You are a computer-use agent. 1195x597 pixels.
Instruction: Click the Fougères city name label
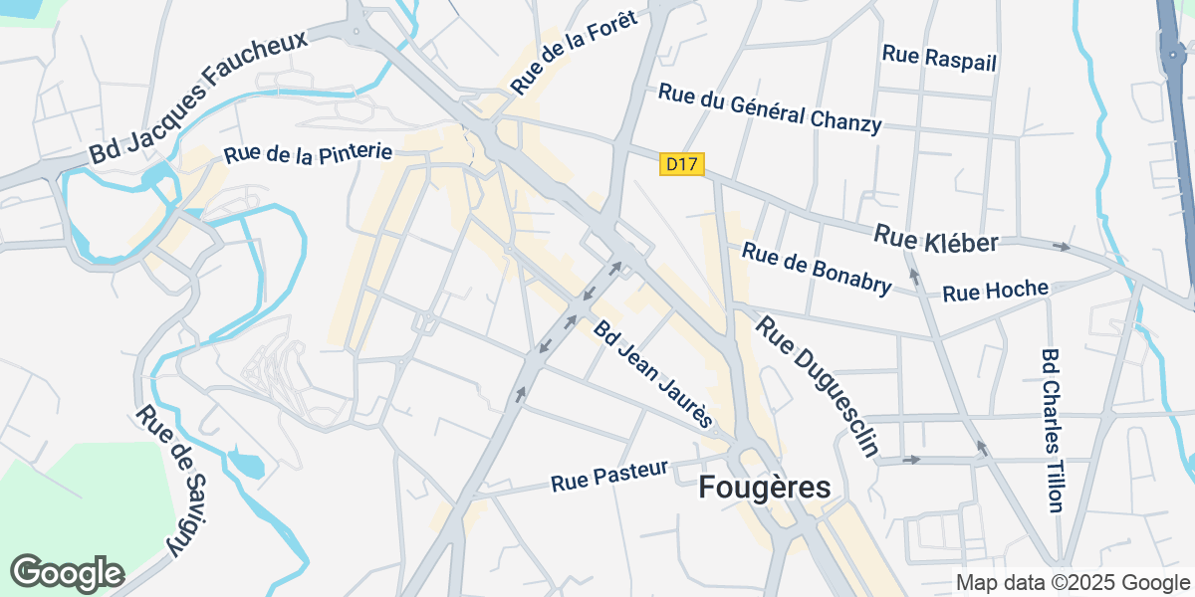764,488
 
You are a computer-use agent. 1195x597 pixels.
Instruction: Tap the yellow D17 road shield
682,165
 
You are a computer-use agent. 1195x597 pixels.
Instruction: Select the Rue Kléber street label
936,239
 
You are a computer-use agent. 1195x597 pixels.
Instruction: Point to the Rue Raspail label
939,58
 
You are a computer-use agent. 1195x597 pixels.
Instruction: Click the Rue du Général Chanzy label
770,107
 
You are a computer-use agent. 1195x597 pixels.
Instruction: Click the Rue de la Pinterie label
308,153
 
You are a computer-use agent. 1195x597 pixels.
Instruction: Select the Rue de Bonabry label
817,270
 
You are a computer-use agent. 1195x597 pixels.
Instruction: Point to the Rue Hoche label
995,291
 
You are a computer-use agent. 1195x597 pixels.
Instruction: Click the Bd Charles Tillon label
1053,430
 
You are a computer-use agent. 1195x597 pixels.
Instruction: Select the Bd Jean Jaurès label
654,374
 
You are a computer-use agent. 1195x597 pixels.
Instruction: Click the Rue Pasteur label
608,477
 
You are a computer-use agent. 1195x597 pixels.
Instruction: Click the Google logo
67,573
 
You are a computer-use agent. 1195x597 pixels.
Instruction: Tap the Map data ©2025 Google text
1073,582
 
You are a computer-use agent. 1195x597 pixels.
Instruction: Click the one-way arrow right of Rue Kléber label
1063,246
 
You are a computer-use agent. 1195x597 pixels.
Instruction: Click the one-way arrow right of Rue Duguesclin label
909,460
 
